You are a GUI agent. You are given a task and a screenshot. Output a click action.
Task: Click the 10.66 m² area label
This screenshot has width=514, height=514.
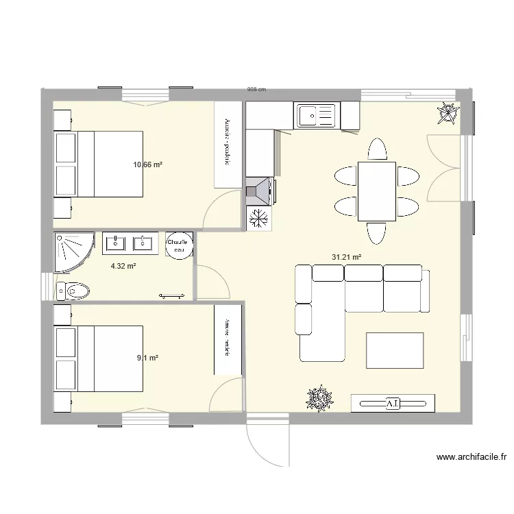pyautogui.click(x=147, y=164)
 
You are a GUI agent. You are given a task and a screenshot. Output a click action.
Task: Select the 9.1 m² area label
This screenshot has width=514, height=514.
pyautogui.click(x=148, y=358)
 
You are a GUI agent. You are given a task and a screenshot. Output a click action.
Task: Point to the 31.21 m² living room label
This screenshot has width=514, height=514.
pyautogui.click(x=346, y=257)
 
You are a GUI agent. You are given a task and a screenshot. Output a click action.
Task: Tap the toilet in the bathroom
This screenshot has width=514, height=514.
pyautogui.click(x=72, y=291)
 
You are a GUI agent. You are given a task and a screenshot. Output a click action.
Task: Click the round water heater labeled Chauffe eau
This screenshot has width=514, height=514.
pyautogui.click(x=180, y=245)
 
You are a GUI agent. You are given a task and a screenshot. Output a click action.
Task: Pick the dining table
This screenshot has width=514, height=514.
pyautogui.click(x=377, y=191)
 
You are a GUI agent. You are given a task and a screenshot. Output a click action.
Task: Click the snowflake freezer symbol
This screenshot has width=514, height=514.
pyautogui.click(x=260, y=218)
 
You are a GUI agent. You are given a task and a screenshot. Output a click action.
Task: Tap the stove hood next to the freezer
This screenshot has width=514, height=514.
pyautogui.click(x=259, y=191)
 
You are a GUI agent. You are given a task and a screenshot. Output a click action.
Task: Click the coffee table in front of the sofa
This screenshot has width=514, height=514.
pyautogui.click(x=395, y=350)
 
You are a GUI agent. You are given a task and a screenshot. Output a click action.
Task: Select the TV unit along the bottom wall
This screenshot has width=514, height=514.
pyautogui.click(x=393, y=403)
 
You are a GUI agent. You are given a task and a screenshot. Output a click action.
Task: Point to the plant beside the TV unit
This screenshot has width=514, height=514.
pyautogui.click(x=319, y=398)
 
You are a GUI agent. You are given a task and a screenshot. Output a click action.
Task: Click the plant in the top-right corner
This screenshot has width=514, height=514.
pyautogui.click(x=448, y=112)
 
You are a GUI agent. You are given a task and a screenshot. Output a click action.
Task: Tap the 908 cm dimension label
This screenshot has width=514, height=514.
pyautogui.click(x=256, y=90)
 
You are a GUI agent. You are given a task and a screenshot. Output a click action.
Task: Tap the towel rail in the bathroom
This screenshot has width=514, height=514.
pyautogui.click(x=172, y=295)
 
